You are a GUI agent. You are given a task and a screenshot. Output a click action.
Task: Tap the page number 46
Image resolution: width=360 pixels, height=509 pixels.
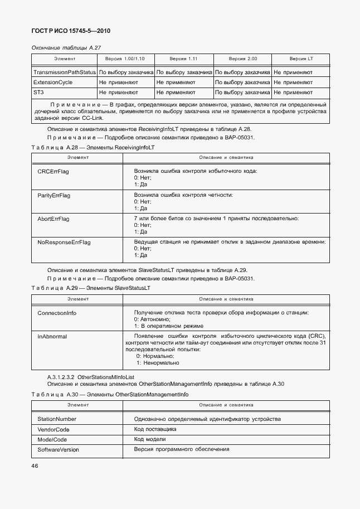coord(35,464)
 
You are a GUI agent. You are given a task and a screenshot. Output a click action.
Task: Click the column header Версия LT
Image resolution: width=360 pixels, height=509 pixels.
coord(301,59)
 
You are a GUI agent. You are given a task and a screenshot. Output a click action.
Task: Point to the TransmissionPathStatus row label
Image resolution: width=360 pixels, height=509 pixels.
coord(65,72)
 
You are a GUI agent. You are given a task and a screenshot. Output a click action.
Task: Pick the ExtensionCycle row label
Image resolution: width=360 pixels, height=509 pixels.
coord(53,82)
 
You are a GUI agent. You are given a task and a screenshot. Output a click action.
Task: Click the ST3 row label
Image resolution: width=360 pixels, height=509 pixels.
coord(38,92)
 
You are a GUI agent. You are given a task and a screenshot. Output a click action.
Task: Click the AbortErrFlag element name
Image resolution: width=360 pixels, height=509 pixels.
coord(53,219)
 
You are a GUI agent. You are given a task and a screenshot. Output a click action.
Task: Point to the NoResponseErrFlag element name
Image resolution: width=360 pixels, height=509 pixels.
coord(64,243)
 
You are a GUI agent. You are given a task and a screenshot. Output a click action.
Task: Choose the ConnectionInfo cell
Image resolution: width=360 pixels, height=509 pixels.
coord(56,313)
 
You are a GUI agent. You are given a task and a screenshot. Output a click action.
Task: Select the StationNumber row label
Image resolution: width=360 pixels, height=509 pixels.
coord(57,419)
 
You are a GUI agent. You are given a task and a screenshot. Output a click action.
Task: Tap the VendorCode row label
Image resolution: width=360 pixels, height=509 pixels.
coord(53,429)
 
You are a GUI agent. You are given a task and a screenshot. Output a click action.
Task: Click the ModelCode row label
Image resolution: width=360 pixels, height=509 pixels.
coord(52,439)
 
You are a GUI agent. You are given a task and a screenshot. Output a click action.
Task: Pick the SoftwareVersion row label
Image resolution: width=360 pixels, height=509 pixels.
coord(58,449)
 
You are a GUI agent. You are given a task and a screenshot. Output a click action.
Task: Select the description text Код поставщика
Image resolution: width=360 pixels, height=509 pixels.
coord(155,429)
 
